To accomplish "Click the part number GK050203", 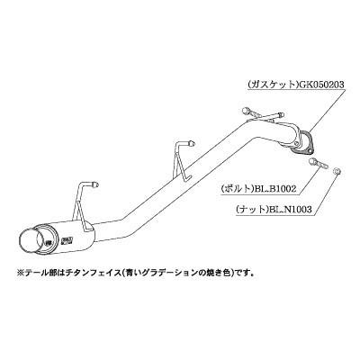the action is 319,85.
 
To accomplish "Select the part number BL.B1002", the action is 274,189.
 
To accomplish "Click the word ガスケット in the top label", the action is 272,85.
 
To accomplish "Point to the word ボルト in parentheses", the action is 236,189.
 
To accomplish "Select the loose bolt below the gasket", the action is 319,163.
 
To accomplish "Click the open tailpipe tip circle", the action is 28,242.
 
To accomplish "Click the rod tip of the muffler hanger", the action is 95,184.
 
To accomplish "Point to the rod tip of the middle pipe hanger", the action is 191,143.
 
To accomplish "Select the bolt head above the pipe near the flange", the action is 245,111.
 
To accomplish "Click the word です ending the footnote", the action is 241,274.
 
